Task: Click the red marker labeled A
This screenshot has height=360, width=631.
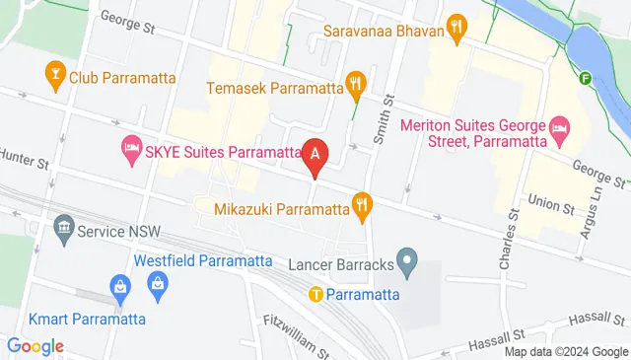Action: click(315, 155)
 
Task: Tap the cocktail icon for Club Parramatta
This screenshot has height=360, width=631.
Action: click(55, 72)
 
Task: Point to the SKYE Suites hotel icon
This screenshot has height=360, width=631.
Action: click(130, 151)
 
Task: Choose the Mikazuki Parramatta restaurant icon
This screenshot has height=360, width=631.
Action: click(363, 207)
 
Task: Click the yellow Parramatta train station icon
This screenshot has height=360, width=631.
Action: click(316, 293)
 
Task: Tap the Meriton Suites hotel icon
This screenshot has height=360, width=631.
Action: click(559, 126)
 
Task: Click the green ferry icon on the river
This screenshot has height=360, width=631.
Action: click(587, 79)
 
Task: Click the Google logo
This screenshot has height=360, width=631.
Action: click(35, 346)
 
